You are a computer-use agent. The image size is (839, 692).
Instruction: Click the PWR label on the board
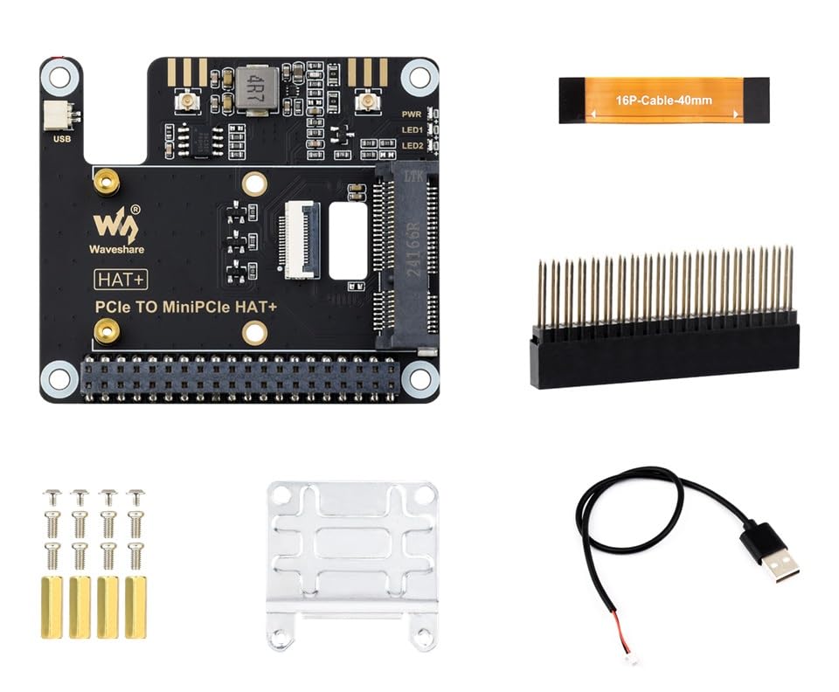tap(412, 114)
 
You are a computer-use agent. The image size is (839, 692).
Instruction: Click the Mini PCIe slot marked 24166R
tap(406, 253)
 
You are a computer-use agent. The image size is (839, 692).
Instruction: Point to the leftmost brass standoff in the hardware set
tap(52, 605)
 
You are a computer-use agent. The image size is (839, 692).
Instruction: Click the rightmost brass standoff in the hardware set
tap(135, 605)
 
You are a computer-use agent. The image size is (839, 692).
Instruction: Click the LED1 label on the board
tap(412, 129)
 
